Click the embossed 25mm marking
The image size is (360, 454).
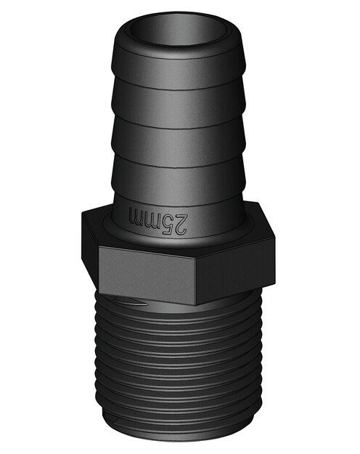pos(161,220)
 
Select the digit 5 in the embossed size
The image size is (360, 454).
pos(172,222)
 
